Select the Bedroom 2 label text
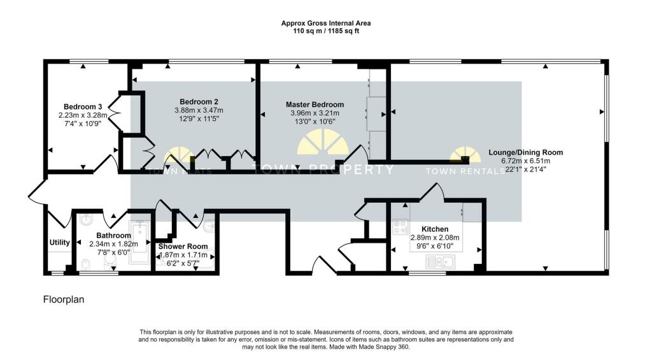click(199, 102)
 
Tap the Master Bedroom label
click(315, 104)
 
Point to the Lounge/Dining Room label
click(525, 152)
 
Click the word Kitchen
click(435, 229)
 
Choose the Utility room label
click(59, 243)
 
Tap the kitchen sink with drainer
click(440, 261)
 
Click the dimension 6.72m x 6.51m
click(525, 161)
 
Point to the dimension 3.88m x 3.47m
click(199, 110)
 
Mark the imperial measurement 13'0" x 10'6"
click(315, 121)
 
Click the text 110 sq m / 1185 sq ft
click(326, 30)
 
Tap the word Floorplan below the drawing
click(63, 299)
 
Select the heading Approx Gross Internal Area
click(326, 23)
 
